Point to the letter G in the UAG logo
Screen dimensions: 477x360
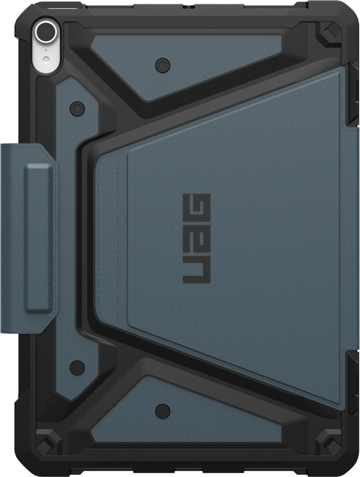tap(196, 207)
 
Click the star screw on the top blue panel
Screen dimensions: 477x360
tap(162, 65)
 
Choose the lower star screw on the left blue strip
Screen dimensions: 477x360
tap(77, 366)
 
